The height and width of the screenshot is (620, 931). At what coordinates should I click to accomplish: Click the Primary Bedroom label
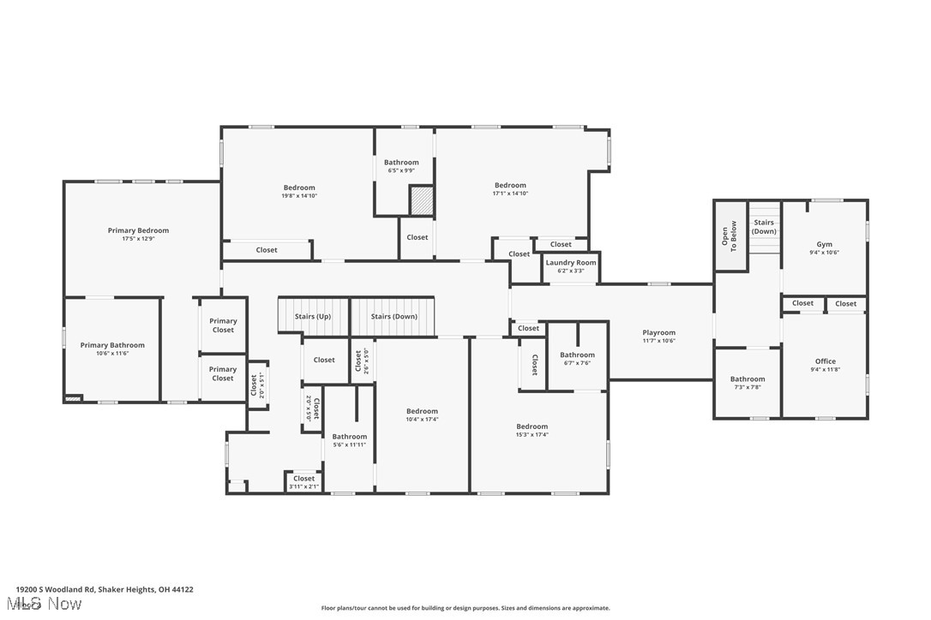point(138,230)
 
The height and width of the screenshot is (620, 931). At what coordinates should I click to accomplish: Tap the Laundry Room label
point(571,263)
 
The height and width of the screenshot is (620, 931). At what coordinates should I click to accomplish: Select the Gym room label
point(824,244)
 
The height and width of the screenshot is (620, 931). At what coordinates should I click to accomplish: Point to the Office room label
point(825,361)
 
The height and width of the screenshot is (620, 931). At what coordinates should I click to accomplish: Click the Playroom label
point(659,333)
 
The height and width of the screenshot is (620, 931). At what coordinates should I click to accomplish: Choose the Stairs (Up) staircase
point(313,316)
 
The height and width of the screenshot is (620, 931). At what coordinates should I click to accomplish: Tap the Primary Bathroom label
point(112,345)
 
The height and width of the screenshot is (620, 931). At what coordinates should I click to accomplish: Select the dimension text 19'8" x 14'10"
point(299,196)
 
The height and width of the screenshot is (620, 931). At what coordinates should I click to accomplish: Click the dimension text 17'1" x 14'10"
point(510,194)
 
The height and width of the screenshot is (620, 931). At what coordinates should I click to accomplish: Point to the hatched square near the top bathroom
point(422,200)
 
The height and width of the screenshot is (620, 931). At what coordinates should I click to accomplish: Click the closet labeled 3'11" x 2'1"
point(303,486)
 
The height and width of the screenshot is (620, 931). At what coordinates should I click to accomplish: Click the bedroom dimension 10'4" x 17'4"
point(422,419)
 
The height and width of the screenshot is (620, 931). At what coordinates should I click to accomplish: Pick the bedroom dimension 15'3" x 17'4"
point(532,435)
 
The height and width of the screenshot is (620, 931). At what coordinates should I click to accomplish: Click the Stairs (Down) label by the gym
point(764,227)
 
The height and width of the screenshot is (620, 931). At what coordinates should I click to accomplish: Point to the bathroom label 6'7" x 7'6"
point(577,362)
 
